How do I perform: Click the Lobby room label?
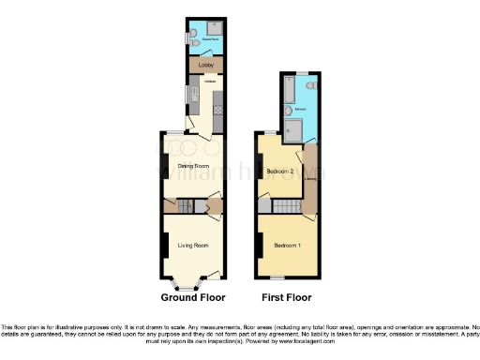[x=206, y=66]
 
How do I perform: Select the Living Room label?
[x=192, y=246]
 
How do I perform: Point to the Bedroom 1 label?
[x=287, y=246]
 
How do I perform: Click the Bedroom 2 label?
[x=280, y=172]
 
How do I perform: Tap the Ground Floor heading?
[x=193, y=297]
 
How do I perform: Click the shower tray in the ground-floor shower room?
[x=213, y=28]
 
